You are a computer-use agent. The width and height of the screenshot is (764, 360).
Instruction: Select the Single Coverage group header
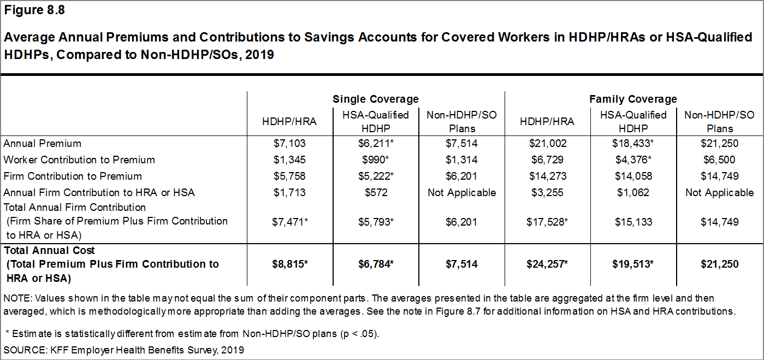(376, 99)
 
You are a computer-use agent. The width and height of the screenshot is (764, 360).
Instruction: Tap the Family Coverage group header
(633, 99)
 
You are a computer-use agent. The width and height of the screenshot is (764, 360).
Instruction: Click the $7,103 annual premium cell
(289, 144)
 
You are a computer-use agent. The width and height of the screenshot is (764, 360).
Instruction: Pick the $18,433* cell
(633, 144)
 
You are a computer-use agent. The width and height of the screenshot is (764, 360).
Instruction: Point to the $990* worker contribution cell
(376, 160)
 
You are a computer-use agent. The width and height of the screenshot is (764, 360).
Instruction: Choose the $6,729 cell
(547, 160)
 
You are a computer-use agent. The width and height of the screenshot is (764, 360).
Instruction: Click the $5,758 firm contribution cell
(289, 176)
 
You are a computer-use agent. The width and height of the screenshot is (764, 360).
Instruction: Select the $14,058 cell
(633, 176)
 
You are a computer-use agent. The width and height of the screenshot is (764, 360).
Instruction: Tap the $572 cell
(376, 192)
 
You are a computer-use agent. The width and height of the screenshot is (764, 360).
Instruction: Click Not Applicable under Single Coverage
(462, 192)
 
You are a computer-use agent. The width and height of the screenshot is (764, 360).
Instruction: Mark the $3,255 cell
(547, 192)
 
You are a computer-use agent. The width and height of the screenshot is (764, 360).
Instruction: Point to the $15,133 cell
(633, 222)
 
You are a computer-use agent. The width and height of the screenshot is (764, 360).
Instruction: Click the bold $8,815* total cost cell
(290, 264)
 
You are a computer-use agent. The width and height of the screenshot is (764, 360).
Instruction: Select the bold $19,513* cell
(633, 264)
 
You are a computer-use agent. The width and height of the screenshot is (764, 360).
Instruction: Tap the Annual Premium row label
(43, 144)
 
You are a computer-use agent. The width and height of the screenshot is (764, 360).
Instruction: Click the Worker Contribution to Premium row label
(79, 160)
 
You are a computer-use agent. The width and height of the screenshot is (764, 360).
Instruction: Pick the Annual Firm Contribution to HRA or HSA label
(99, 192)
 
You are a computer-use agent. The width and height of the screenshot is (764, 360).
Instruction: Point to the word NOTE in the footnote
(15, 299)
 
